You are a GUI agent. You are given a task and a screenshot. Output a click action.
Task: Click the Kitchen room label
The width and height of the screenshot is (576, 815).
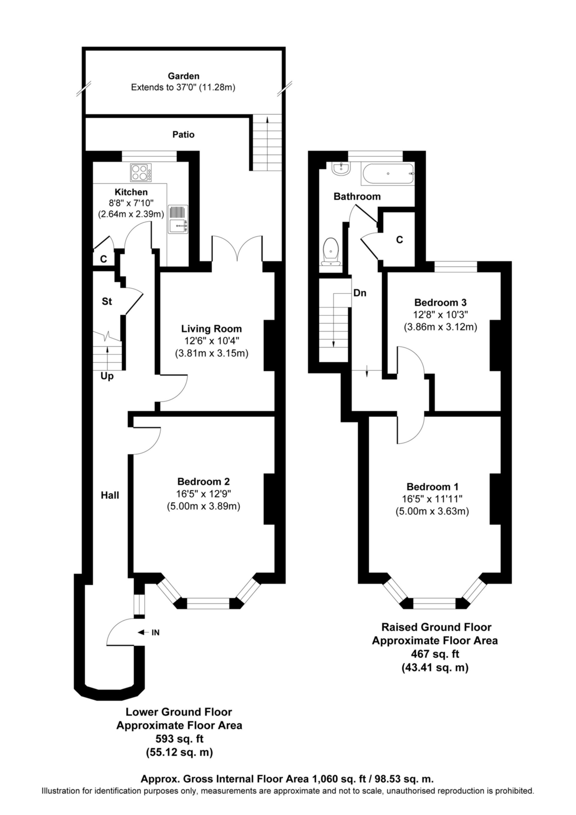[131, 192]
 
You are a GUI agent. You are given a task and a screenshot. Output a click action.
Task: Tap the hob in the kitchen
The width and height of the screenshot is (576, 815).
[141, 172]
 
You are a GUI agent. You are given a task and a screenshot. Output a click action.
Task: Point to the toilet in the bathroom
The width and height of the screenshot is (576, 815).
[331, 252]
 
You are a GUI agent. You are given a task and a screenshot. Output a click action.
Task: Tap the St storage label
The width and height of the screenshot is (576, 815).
[107, 301]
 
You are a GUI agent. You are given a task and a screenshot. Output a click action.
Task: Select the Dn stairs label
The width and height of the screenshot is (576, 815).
[359, 293]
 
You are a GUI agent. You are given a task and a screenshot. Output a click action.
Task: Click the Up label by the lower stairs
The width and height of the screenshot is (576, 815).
[107, 376]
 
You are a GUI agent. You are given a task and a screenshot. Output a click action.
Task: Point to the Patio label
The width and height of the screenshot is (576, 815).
[183, 134]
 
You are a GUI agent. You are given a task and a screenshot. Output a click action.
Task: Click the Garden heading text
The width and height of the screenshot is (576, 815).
[183, 76]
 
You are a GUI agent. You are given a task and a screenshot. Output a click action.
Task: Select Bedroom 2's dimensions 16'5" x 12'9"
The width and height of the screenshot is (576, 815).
[203, 494]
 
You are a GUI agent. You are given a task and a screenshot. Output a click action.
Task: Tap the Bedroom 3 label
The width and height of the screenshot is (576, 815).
[440, 302]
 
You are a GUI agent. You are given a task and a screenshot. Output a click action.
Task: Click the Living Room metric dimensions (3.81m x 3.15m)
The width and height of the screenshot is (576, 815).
[211, 353]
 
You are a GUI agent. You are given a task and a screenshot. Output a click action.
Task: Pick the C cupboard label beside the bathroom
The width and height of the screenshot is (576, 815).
[400, 240]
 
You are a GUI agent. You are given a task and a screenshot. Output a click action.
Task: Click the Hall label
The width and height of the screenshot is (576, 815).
[110, 495]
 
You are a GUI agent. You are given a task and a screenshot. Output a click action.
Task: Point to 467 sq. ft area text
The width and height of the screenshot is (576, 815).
[435, 654]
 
